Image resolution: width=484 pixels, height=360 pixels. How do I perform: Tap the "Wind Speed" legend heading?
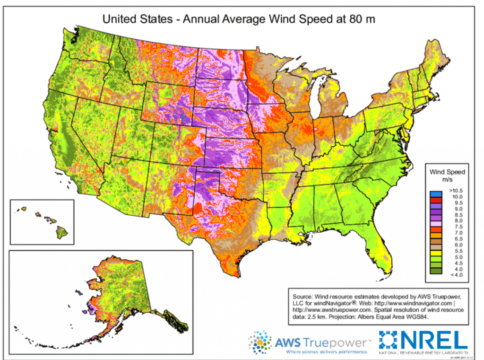pos(446,172)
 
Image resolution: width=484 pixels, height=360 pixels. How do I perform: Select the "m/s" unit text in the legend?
pos(446,180)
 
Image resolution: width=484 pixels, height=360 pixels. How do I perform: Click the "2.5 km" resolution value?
pos(318,317)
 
